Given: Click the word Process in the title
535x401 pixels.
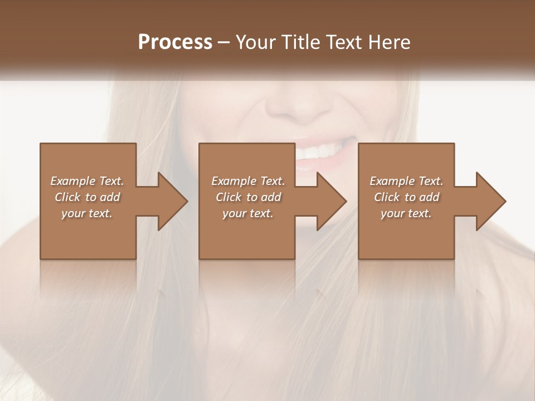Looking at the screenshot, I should point(175,42).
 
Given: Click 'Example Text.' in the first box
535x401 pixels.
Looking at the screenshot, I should point(87,181).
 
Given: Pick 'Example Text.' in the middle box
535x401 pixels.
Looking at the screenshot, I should point(248,181).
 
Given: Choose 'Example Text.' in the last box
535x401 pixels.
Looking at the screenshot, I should point(406,181).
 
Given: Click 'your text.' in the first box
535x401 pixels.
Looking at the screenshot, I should point(87,213).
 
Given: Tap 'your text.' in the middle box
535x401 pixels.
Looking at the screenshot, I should point(247,213).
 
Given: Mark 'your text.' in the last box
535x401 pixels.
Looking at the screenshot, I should point(406,213).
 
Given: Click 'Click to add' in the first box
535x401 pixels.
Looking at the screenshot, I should point(87,197).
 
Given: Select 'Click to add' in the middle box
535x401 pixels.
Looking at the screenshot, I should point(248,197).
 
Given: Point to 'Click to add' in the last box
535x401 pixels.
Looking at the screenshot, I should point(406,197).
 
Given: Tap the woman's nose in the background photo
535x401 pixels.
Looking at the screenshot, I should point(301,100).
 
